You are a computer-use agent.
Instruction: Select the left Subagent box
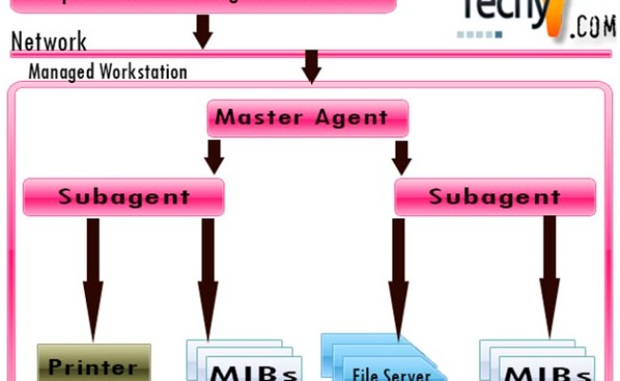pos(124,197)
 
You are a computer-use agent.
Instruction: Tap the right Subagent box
pos(494,197)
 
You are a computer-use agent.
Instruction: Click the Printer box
pos(93,365)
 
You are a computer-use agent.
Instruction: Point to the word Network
pos(49,42)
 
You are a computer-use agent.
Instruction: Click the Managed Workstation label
pos(107,71)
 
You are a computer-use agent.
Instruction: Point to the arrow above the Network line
pos(202,30)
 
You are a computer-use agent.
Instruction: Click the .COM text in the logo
pos(591,28)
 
